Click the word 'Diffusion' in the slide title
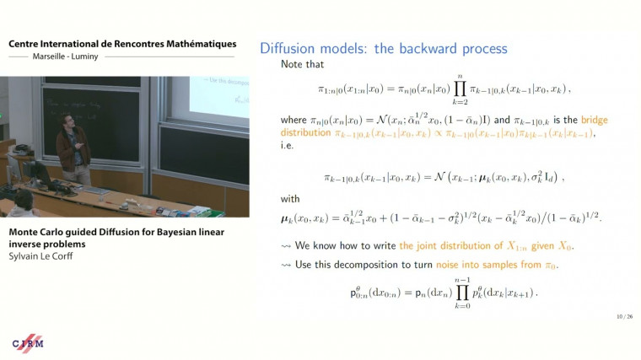[288, 48]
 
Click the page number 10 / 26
[623, 317]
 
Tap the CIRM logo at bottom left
[27, 343]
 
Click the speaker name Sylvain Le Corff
[40, 255]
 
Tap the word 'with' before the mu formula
[291, 199]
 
